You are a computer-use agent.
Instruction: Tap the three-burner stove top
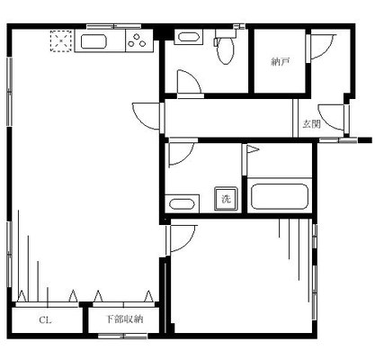coord(137,40)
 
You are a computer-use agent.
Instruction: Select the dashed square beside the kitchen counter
coord(61,40)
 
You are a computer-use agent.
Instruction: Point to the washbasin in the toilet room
coord(187,38)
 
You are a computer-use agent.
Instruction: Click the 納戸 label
coord(280,62)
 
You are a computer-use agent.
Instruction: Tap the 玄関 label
coord(310,124)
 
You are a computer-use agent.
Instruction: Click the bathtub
coord(280,196)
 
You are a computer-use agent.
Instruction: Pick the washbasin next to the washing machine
coord(181,202)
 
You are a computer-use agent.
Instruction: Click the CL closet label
coord(44,319)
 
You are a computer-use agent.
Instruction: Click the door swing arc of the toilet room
coord(188,84)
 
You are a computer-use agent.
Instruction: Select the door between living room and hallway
coord(146,116)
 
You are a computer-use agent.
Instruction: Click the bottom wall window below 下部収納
coord(122,336)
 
